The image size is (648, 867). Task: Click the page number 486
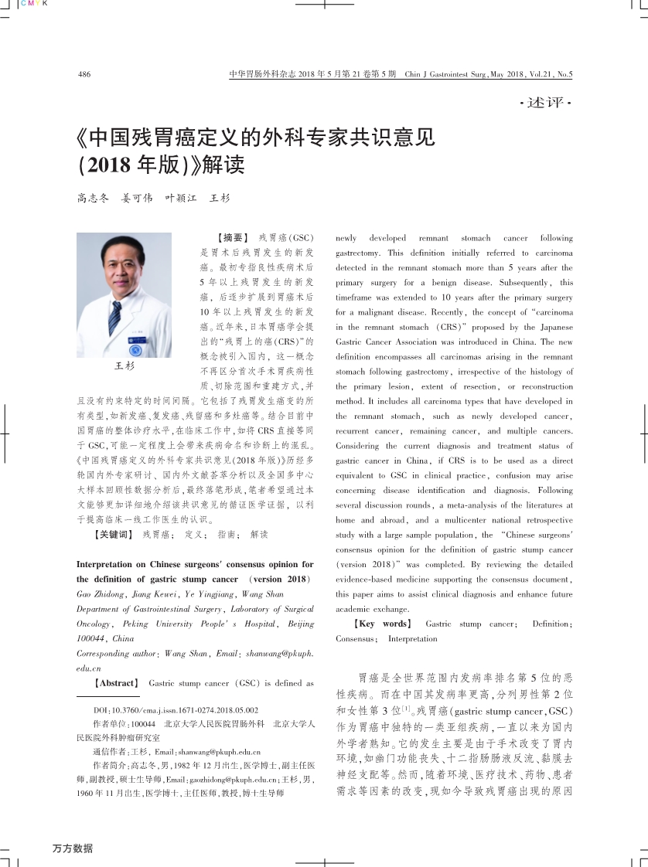pos(85,75)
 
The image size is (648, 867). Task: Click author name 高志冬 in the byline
pos(93,199)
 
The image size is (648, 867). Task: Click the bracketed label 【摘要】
pos(229,238)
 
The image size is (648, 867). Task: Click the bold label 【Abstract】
pos(115,683)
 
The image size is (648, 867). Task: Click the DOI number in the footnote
pos(186,709)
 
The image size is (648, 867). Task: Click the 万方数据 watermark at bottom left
pos(72,848)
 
